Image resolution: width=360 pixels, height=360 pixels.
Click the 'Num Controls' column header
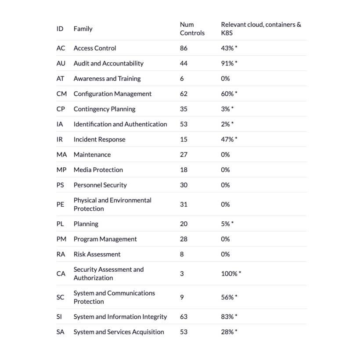(192, 29)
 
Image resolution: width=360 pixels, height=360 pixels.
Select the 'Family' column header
(83, 29)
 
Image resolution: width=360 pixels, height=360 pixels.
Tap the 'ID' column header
(60, 29)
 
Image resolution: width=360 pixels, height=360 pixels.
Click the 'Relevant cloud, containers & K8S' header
(261, 29)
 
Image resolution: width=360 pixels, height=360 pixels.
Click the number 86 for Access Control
(184, 48)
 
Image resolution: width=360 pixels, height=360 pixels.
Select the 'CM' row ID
(61, 94)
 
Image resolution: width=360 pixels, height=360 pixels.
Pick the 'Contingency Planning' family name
(104, 109)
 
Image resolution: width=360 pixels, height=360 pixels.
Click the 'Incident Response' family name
(99, 140)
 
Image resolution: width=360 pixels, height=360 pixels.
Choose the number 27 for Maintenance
(184, 155)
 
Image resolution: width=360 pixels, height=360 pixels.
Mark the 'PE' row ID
(60, 204)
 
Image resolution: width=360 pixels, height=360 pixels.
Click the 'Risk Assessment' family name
(97, 254)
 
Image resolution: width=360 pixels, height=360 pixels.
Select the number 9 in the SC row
(182, 297)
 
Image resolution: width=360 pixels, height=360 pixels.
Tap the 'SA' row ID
(60, 332)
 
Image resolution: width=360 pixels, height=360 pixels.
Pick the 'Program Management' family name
(105, 239)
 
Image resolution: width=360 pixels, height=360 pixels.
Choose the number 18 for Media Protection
(184, 170)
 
